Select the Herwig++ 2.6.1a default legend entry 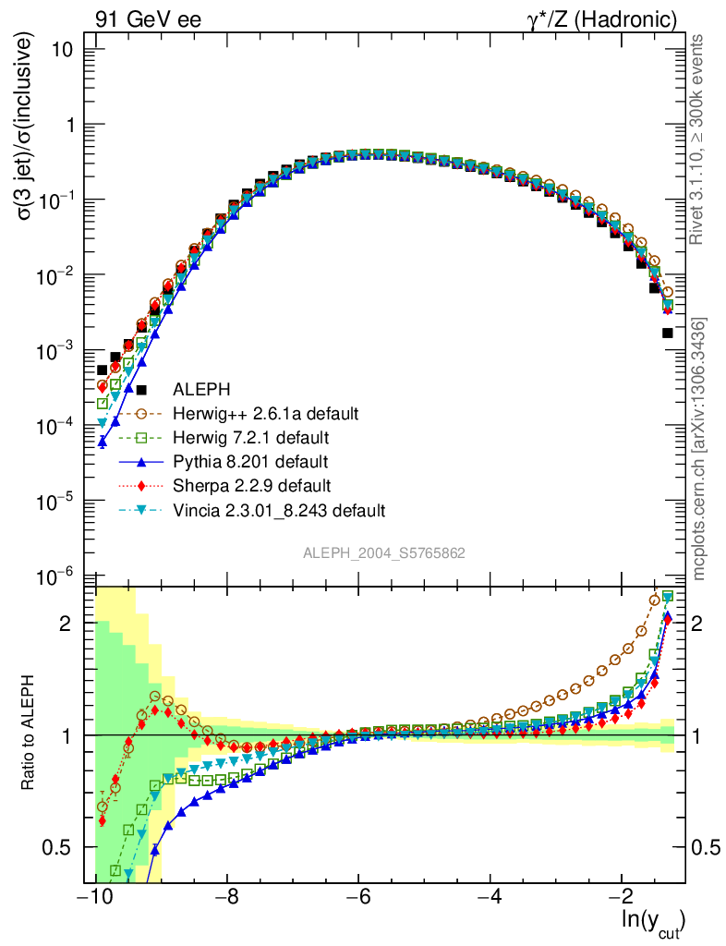coord(265,413)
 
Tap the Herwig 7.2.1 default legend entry coord(251,437)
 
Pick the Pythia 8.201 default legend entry coord(249,461)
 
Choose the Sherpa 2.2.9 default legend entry coord(251,485)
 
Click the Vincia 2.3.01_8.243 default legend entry coord(278,509)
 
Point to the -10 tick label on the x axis coord(95,897)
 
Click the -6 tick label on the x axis coord(359,897)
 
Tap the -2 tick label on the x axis coord(623,897)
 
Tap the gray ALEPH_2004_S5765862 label coord(384,552)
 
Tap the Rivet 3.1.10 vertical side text coord(700,139)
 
